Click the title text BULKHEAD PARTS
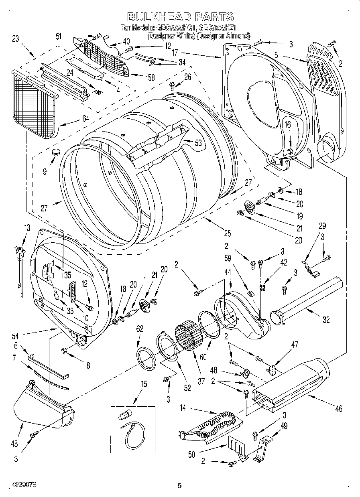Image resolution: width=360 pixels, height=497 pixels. (180, 17)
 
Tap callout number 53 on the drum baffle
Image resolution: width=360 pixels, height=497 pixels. (198, 143)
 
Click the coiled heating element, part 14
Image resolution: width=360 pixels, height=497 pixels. (219, 422)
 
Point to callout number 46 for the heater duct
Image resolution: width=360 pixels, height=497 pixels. (339, 409)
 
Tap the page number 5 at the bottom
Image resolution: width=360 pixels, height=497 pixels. (179, 486)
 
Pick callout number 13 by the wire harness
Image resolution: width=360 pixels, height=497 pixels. (26, 227)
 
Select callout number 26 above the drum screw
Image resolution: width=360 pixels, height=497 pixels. (187, 77)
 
